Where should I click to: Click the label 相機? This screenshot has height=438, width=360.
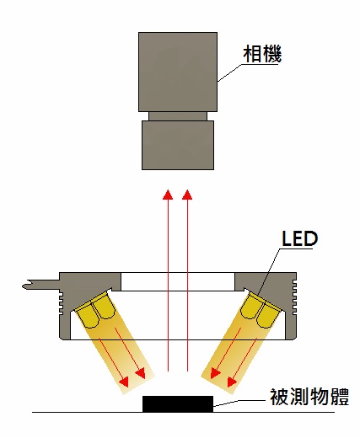click(262, 54)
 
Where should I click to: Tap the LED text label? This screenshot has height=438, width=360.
click(300, 238)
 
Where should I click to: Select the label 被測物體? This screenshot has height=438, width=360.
click(309, 397)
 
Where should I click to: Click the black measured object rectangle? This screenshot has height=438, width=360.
click(178, 404)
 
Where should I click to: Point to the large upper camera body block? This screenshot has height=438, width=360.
click(178, 72)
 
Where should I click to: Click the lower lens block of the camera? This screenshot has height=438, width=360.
click(178, 145)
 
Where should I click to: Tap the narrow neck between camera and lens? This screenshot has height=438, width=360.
click(178, 116)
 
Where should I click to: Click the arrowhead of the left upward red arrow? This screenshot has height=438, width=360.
click(168, 195)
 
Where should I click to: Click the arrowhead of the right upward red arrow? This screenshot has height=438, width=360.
click(187, 195)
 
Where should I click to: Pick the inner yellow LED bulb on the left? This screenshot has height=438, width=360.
click(104, 307)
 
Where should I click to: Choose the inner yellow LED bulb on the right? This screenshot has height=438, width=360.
click(252, 307)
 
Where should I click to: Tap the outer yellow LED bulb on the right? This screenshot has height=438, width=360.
click(268, 316)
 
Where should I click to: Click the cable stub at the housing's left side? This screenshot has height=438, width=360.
click(40, 285)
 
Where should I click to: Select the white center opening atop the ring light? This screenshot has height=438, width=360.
click(178, 281)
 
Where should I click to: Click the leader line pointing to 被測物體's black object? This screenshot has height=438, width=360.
click(239, 403)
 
